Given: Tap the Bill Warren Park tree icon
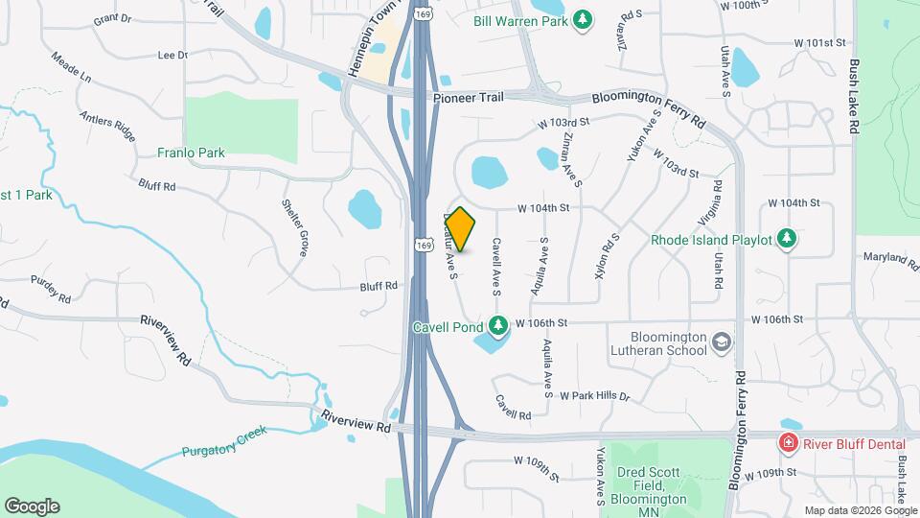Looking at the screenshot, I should coord(582,19).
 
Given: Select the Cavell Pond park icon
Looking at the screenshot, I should coord(497,326).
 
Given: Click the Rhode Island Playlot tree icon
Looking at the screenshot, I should coord(787,238).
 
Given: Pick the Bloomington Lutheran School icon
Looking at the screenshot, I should coord(721,341).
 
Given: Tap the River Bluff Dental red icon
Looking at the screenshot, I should coord(788,442).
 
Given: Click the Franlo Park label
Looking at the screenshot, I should coord(191,153).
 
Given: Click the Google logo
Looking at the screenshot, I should coord(31,506).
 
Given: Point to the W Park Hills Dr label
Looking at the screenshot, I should coord(594,395).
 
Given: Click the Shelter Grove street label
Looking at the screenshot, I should coord(294,227).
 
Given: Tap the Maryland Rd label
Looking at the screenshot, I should coord(890,259).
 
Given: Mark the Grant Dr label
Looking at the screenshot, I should coord(112,17).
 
